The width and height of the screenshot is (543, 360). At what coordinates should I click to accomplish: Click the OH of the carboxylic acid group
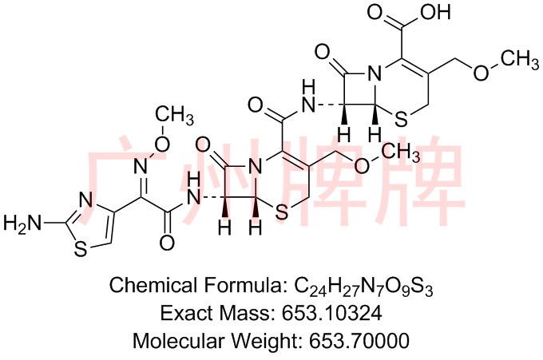point(435,12)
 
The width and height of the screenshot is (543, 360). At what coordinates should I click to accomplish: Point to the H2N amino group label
point(22,223)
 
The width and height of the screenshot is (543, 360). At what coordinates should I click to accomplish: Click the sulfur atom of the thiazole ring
point(81,248)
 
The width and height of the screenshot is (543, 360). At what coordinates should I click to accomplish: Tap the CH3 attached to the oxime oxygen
point(174,115)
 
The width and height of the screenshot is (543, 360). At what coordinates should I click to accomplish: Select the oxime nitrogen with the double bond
point(141,165)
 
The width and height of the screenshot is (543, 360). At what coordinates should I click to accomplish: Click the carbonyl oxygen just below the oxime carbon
point(167,243)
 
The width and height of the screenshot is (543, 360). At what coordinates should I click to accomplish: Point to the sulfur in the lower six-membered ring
point(281,212)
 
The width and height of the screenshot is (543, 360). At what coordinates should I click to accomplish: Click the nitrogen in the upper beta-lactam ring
point(375,73)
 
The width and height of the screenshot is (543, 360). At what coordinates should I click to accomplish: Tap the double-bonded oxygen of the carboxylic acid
point(375,12)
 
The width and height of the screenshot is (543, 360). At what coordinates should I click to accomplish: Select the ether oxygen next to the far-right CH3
point(482,73)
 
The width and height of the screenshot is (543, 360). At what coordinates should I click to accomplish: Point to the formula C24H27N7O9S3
point(363,287)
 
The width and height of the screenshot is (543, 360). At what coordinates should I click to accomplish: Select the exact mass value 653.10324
point(331,313)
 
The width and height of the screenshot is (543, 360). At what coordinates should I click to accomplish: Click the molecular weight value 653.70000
point(359,341)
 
